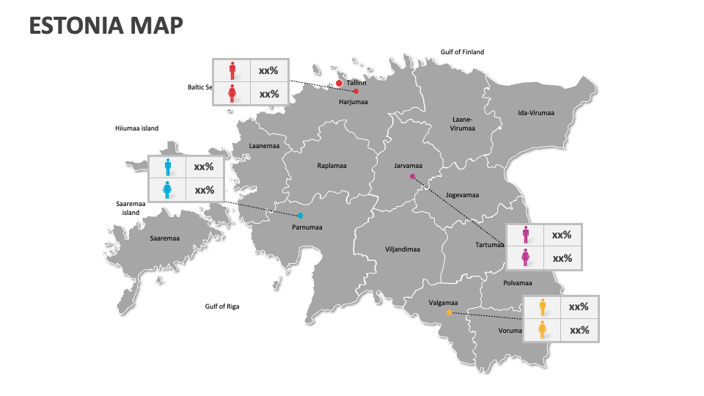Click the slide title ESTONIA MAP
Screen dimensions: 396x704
[106, 26]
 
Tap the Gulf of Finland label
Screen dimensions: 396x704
[462, 52]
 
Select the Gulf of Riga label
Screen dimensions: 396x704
[221, 307]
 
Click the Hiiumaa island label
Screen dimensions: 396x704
[136, 128]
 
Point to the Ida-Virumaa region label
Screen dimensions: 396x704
[536, 113]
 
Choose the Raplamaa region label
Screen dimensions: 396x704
[331, 166]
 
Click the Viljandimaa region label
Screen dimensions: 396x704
[403, 249]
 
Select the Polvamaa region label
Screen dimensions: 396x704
[517, 282]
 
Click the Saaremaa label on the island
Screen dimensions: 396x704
[164, 238]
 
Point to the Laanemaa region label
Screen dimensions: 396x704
[264, 146]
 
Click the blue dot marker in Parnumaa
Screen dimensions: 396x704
[300, 216]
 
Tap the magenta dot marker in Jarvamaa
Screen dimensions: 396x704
[412, 177]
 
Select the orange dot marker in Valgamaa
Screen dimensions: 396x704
[449, 313]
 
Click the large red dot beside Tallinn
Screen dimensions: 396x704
[340, 84]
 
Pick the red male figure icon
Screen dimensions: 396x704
[232, 70]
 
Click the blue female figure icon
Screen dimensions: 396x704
[168, 190]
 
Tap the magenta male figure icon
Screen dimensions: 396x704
[525, 235]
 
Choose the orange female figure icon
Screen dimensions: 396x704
[542, 330]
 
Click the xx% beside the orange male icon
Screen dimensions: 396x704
[579, 307]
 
